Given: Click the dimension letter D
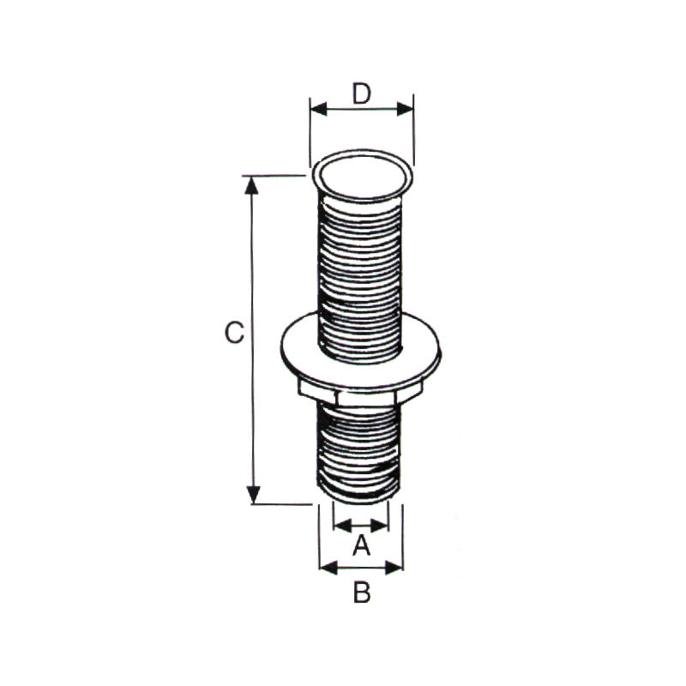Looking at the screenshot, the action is [362, 93].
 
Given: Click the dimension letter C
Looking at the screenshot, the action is [234, 333].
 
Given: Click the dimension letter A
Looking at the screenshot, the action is [362, 545].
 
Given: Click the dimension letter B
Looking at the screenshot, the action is [362, 593].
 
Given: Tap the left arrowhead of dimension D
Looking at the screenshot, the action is [318, 109].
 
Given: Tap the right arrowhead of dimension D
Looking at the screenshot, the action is [405, 109].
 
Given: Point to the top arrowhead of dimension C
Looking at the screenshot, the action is [251, 184].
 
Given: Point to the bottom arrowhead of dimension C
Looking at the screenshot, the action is [253, 495].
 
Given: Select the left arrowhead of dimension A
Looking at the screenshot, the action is [342, 526].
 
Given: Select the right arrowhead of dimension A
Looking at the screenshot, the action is [379, 526].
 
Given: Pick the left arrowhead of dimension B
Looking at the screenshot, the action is [328, 568].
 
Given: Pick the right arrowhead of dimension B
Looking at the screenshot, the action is [394, 568].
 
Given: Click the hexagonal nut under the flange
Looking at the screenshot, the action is [360, 394].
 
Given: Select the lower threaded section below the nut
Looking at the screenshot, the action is [358, 451].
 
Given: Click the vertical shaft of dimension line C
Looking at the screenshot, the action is [252, 340].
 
